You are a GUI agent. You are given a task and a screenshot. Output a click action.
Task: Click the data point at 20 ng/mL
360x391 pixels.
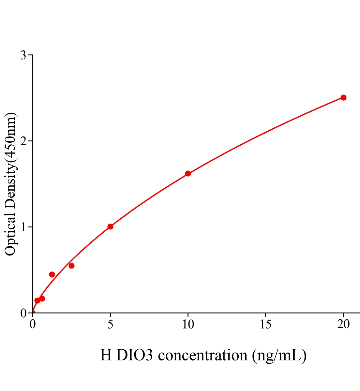[343, 97]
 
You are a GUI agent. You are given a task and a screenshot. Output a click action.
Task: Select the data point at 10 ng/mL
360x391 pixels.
[188, 173]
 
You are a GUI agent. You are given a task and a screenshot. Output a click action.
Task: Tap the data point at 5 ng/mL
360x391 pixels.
[110, 226]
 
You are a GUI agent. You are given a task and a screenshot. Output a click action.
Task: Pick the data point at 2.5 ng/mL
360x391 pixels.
[71, 266]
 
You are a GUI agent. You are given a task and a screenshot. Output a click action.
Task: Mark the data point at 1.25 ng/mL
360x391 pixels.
[52, 274]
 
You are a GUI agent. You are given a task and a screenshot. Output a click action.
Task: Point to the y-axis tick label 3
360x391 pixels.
[23, 55]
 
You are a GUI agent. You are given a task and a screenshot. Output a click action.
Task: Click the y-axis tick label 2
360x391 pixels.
[23, 141]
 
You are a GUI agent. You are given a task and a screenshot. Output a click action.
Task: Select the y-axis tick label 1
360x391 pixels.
[23, 227]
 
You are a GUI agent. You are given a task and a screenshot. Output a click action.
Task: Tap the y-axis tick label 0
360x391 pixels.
[23, 313]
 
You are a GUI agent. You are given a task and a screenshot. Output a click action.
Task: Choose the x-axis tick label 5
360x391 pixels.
[110, 324]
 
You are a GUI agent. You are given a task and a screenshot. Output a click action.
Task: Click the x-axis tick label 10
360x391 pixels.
[188, 324]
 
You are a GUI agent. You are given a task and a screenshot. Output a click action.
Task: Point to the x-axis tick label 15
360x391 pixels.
[265, 324]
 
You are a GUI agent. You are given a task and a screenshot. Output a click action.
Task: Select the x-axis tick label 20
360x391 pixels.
[343, 324]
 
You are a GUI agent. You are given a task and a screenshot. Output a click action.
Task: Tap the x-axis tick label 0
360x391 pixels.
[33, 324]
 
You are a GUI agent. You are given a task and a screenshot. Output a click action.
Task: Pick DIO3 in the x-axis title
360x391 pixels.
[134, 355]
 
